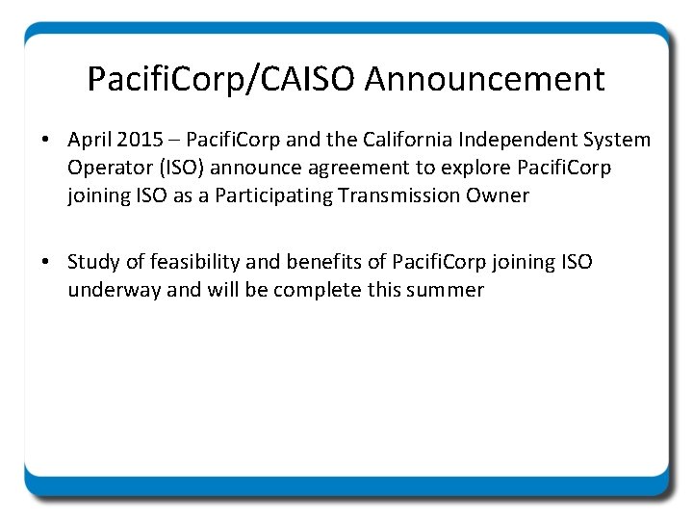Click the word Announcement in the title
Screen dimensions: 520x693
485,79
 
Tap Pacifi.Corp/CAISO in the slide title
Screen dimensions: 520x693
222,79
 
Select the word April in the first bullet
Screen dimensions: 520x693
90,141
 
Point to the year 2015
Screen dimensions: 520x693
141,141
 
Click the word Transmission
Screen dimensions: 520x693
406,196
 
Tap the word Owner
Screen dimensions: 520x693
500,196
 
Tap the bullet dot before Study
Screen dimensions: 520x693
46,263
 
